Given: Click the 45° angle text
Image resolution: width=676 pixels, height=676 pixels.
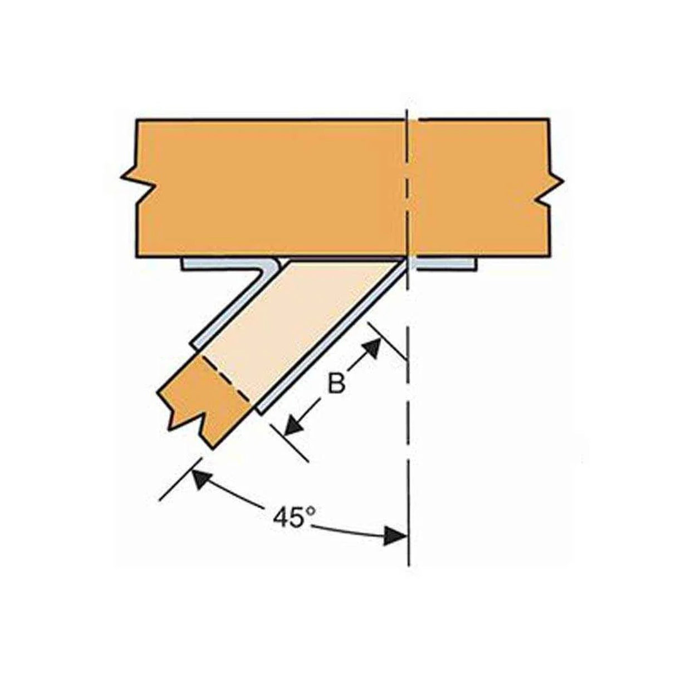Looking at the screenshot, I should coord(291,518).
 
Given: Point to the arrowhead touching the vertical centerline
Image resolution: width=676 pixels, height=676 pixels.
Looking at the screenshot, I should coord(395,536).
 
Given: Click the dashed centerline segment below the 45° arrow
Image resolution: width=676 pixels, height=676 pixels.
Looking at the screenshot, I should coord(409,557).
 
